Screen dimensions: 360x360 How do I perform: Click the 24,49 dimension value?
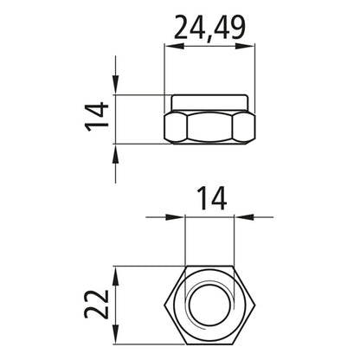210,29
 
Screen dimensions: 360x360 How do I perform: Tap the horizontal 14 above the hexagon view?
209,198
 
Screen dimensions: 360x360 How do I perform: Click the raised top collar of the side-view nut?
210,101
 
